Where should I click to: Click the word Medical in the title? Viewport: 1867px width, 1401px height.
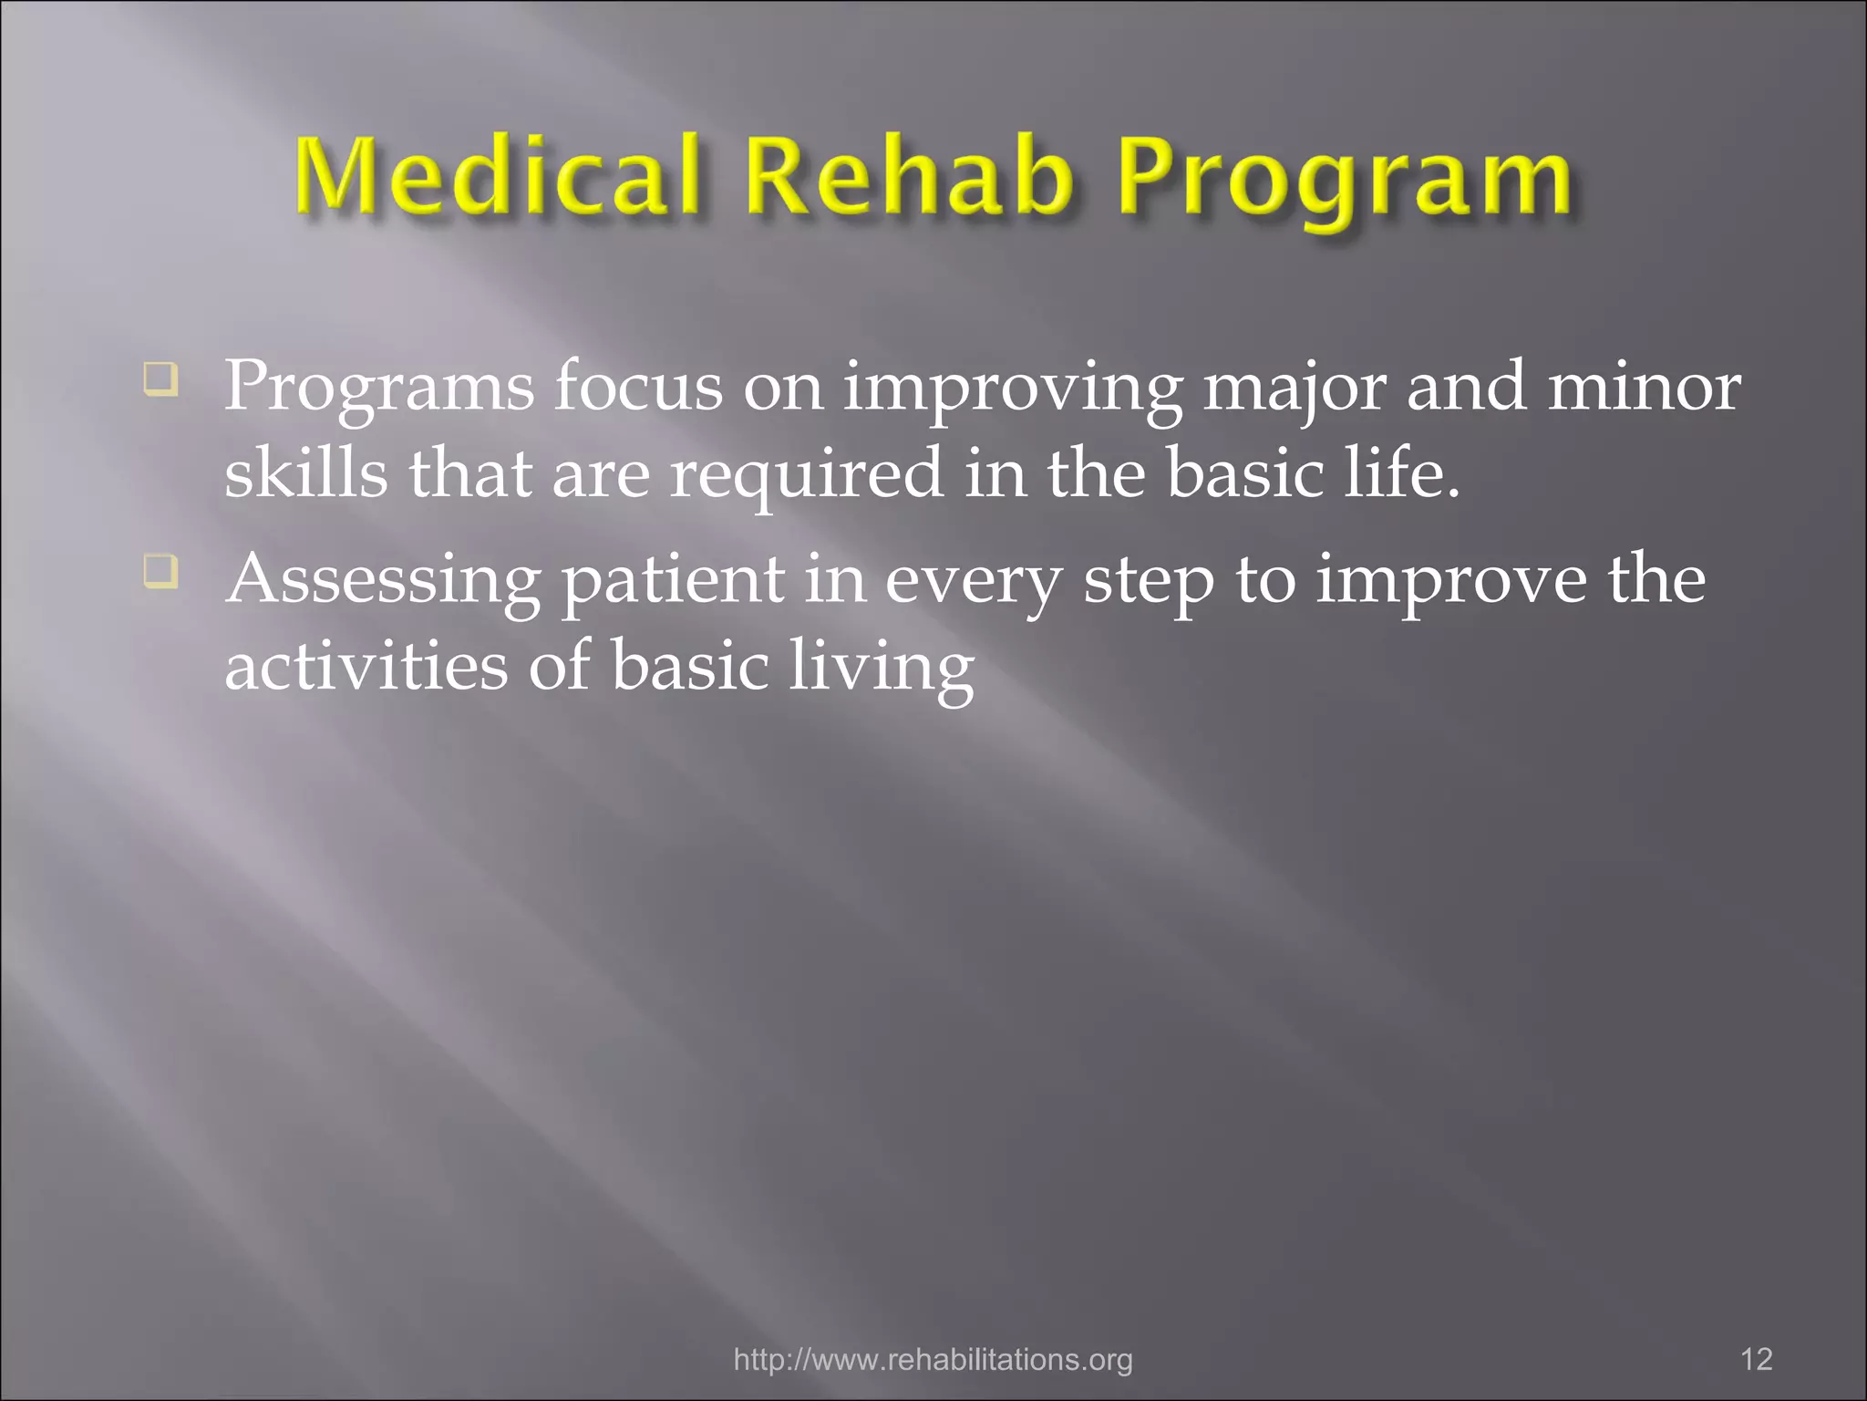(x=498, y=175)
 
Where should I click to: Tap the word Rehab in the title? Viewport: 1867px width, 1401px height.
(x=909, y=175)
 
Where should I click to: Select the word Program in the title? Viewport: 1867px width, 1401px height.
(x=1345, y=181)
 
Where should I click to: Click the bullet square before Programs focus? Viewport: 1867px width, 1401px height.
(x=160, y=379)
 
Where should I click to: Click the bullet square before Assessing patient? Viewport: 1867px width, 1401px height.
(x=160, y=572)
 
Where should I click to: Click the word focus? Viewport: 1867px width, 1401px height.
(x=638, y=387)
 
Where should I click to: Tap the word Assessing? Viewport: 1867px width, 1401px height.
(x=383, y=582)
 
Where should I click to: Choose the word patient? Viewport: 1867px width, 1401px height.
(x=673, y=582)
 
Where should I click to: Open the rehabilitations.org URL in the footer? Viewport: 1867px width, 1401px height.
(x=933, y=1360)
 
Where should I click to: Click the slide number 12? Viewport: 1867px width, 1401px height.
(x=1756, y=1359)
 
